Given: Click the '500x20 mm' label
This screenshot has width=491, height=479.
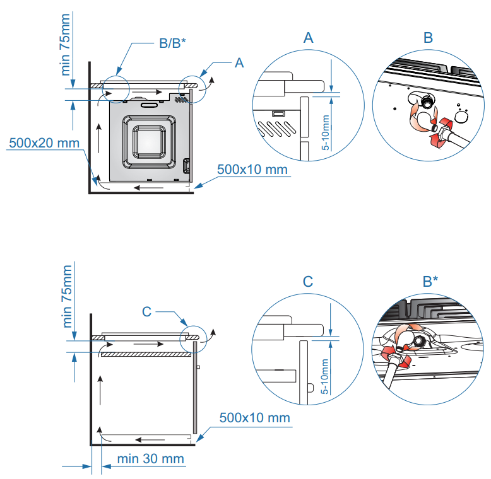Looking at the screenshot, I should tap(44, 143).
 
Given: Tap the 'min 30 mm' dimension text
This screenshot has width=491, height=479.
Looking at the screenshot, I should tap(151, 458).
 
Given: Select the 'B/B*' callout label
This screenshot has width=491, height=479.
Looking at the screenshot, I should tap(172, 44).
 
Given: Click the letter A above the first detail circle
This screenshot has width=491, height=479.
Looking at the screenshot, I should tap(308, 38).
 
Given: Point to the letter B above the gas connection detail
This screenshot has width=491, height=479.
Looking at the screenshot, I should tap(428, 38).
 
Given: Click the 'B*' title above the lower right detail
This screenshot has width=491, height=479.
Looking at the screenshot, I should tap(431, 282).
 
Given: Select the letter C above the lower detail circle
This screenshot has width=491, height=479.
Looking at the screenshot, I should tap(308, 282).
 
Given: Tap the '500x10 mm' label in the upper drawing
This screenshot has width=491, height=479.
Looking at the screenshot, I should tap(252, 170).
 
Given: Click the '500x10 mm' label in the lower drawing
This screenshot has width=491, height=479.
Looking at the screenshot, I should tap(255, 418).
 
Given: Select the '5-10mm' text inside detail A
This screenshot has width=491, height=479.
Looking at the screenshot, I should tap(326, 131).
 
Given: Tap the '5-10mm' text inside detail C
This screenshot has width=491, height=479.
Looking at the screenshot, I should tap(326, 376).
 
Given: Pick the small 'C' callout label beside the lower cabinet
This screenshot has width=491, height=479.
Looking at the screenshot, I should tap(146, 311).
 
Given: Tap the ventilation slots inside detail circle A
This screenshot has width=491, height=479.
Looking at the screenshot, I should tap(275, 128).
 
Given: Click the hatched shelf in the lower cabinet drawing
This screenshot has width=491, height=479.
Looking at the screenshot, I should tap(146, 355).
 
